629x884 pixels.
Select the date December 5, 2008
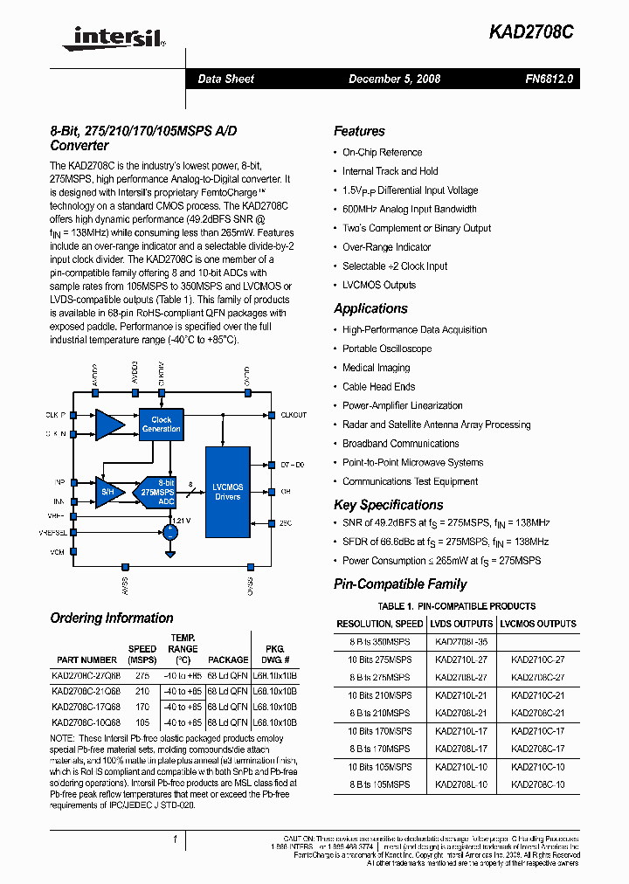tap(394, 79)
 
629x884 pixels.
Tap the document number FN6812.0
tap(550, 79)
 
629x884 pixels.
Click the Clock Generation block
tap(161, 424)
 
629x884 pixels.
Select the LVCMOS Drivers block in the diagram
tap(227, 492)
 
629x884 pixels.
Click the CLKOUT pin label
tap(294, 415)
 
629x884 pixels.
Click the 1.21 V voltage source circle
tap(170, 532)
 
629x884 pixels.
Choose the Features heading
tap(359, 131)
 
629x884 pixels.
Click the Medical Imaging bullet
tap(376, 368)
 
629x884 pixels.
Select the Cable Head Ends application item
tap(378, 387)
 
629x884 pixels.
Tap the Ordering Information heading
tap(112, 618)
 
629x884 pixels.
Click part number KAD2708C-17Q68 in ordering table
tap(86, 707)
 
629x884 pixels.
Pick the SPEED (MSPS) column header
tap(142, 654)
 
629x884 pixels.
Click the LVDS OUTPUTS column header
tap(460, 624)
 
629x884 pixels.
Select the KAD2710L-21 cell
tap(460, 694)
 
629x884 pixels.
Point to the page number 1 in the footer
tap(175, 839)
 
